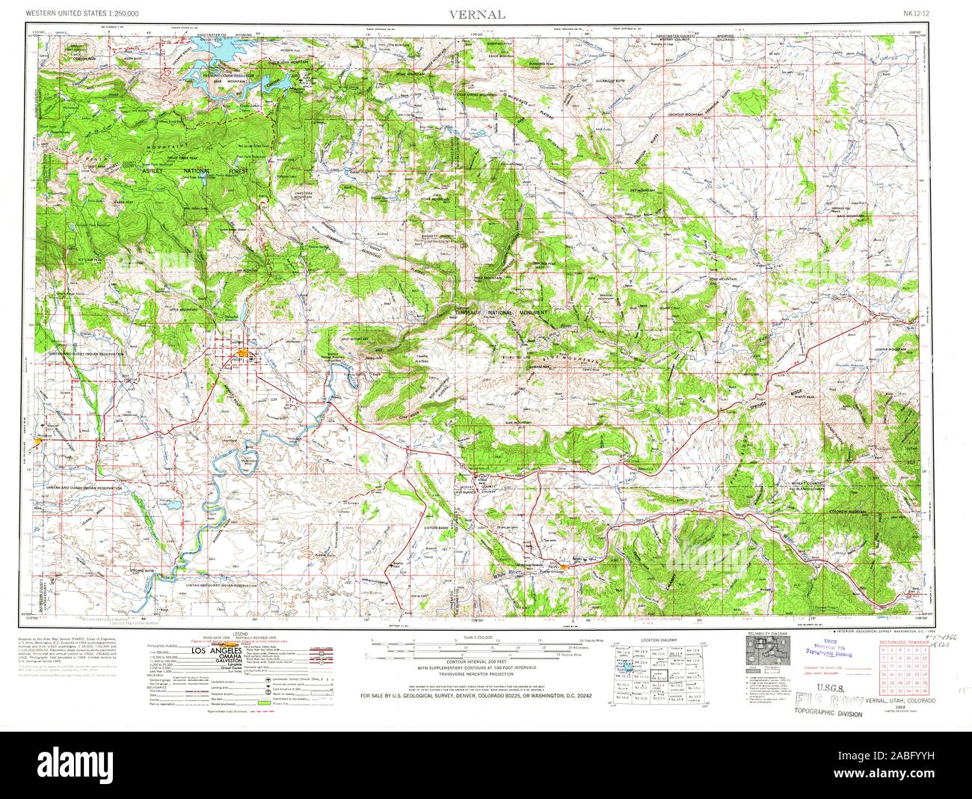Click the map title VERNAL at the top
(477, 15)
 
